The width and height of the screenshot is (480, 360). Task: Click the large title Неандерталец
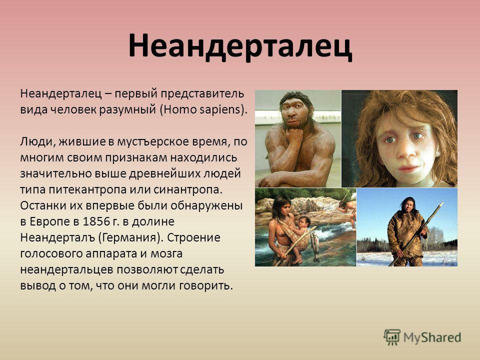(x=240, y=46)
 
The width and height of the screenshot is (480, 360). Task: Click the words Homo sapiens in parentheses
(x=202, y=109)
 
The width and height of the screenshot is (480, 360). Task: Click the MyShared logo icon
(x=392, y=337)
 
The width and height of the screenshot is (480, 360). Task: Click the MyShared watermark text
(x=432, y=337)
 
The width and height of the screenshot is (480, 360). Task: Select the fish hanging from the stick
(x=315, y=245)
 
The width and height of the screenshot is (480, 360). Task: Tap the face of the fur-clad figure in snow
(x=408, y=206)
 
